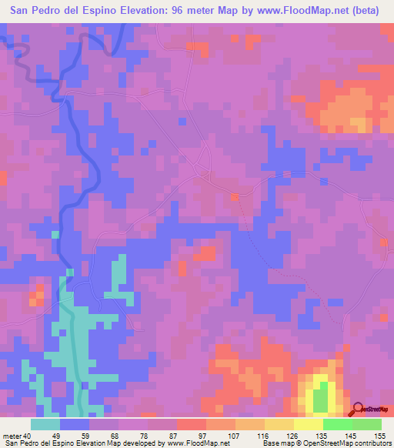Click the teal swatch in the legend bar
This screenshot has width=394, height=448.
[45, 423]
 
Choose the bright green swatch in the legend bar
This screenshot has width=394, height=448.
[337, 423]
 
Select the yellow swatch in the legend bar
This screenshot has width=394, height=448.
[308, 423]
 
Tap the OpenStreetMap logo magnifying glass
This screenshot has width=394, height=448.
[358, 409]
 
